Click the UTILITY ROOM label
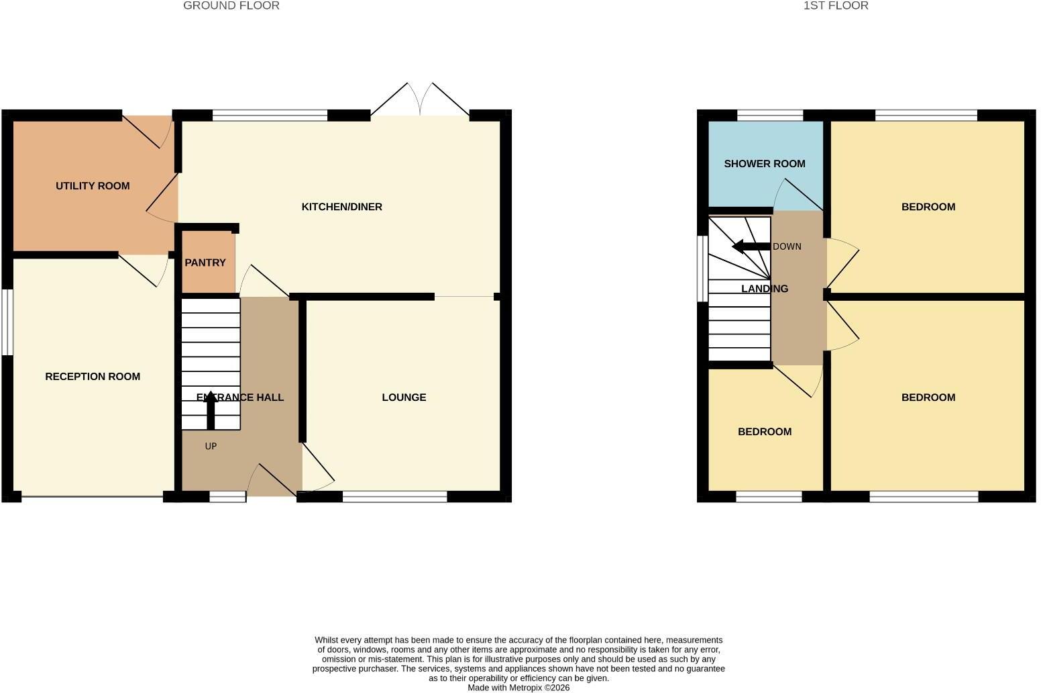point(93,186)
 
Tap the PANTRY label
point(205,263)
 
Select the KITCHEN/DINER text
point(341,207)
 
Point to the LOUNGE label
point(404,398)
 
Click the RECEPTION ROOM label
point(93,377)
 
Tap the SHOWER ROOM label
point(765,164)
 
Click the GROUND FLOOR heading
point(231,5)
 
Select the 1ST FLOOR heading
point(836,5)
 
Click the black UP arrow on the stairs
point(211,410)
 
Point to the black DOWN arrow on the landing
point(751,246)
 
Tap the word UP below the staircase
point(211,447)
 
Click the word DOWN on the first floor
point(787,246)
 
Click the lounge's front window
point(394,497)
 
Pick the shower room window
point(770,115)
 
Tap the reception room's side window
point(7,322)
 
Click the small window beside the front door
point(227,497)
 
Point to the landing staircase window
point(702,269)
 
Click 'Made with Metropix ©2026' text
point(518,688)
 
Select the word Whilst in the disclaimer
point(327,641)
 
